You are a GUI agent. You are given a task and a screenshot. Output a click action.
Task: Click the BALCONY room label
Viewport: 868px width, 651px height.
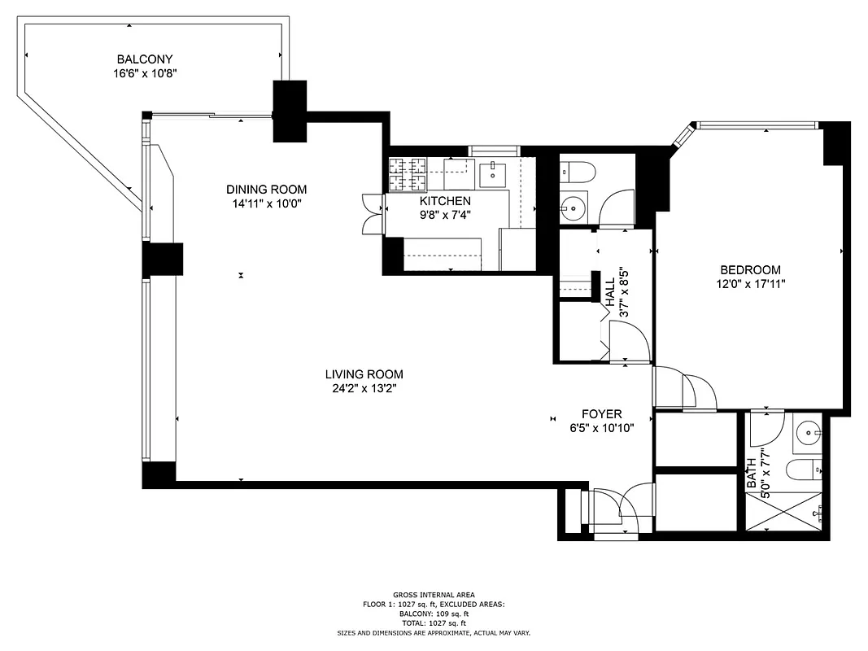pyautogui.click(x=145, y=59)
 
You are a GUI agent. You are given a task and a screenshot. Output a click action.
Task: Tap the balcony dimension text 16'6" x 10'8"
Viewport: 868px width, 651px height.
pyautogui.click(x=145, y=73)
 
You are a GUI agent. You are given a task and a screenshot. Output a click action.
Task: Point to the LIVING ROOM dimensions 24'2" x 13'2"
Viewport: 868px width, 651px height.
pyautogui.click(x=364, y=388)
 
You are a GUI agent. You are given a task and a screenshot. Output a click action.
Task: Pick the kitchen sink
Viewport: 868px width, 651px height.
pyautogui.click(x=492, y=172)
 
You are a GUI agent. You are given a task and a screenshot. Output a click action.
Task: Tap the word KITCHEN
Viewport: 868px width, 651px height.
pyautogui.click(x=445, y=201)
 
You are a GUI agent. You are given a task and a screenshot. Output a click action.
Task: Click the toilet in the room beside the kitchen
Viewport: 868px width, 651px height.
pyautogui.click(x=578, y=172)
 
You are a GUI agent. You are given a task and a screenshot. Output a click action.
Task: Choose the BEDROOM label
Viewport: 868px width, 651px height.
pyautogui.click(x=750, y=270)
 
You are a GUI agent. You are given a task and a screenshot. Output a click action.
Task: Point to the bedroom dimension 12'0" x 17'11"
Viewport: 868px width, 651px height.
pyautogui.click(x=750, y=284)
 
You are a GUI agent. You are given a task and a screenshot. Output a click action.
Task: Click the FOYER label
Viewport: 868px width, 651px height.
pyautogui.click(x=601, y=413)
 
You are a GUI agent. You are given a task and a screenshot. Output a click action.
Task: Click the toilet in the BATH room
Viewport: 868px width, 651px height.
pyautogui.click(x=805, y=470)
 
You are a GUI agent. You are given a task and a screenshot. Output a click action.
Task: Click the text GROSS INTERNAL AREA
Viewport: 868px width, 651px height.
pyautogui.click(x=434, y=595)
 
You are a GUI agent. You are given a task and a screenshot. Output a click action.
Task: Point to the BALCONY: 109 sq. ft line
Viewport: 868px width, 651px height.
pyautogui.click(x=434, y=614)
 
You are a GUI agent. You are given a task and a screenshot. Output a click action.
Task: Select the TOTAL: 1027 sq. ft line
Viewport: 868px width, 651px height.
pyautogui.click(x=434, y=623)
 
